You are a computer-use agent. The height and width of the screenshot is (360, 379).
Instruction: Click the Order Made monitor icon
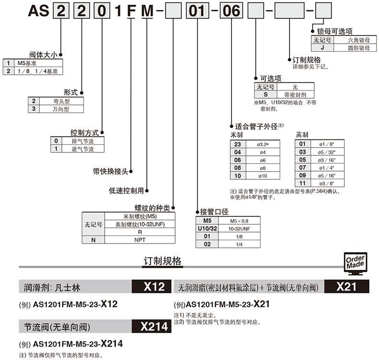(x=355, y=262)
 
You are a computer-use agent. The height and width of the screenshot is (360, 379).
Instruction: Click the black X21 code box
(x=346, y=287)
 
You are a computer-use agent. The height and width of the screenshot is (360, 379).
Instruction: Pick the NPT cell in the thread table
(x=139, y=239)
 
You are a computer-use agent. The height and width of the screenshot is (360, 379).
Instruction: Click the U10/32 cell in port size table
(x=207, y=228)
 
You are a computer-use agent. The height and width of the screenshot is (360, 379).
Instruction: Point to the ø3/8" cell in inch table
(x=327, y=183)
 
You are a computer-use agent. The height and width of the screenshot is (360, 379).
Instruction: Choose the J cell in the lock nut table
(x=322, y=48)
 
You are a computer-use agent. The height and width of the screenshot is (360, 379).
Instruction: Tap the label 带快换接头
(x=110, y=171)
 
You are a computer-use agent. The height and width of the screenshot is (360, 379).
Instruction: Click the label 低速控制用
(x=127, y=190)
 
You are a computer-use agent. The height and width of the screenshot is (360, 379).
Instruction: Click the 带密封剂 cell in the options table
(x=295, y=94)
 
